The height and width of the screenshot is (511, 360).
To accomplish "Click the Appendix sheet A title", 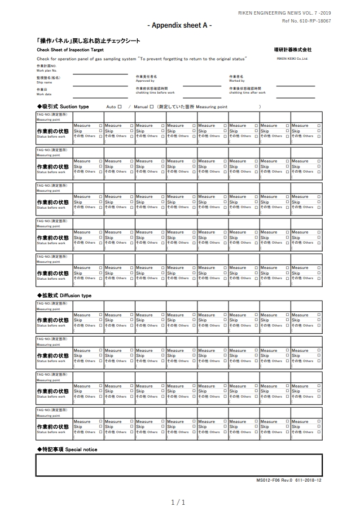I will pos(179,26).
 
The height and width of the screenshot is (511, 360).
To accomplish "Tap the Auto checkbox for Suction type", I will pos(120,106).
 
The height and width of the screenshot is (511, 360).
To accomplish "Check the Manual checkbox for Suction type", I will pos(151,106).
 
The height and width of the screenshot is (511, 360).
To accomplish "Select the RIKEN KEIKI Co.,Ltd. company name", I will pos(292,58).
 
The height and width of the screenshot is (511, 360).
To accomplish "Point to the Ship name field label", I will pos(44,82).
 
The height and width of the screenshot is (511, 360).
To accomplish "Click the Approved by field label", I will pos(145,81).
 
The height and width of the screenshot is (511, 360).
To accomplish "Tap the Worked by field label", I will pos(237,81).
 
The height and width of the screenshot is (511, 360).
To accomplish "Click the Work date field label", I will pos(44,94).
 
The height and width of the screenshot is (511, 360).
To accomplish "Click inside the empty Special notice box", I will pos(179,465).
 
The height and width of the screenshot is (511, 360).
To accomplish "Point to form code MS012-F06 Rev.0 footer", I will pos(289,481).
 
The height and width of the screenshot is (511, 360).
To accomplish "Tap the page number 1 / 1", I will pos(178,502).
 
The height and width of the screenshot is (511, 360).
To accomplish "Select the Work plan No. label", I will pos(47,71).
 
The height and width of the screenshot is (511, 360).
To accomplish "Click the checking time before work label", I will pos(155,92).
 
